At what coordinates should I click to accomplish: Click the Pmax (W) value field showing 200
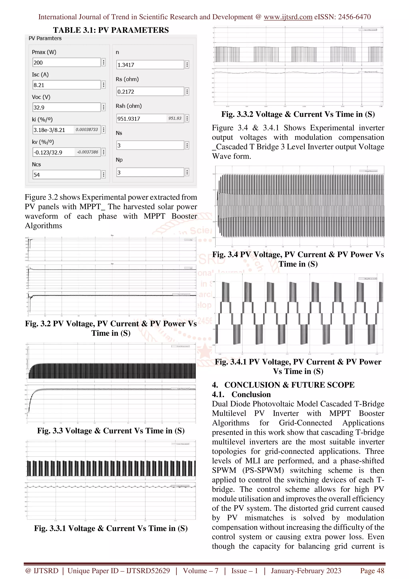click(x=66, y=63)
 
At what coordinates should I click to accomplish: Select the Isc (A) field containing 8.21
click(x=66, y=85)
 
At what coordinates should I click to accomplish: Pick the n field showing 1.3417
click(x=150, y=65)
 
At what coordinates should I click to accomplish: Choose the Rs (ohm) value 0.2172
click(x=150, y=92)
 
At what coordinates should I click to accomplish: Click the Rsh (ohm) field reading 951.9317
click(x=150, y=118)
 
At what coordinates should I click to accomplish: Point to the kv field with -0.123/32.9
click(x=66, y=152)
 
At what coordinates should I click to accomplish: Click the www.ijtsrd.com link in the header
click(x=288, y=17)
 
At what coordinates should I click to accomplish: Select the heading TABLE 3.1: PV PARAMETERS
click(x=111, y=30)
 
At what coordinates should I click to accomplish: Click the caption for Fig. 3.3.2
click(x=298, y=114)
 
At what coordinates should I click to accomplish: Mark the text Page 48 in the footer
click(x=372, y=571)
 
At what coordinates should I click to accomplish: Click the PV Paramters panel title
click(x=45, y=38)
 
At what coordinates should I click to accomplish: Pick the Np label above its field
click(x=119, y=160)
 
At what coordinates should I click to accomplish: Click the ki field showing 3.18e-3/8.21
click(x=66, y=130)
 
